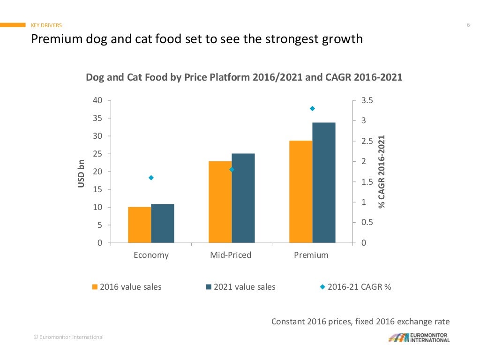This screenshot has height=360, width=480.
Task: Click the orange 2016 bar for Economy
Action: pos(139,225)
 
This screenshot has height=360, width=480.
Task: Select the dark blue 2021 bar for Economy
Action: pos(163,223)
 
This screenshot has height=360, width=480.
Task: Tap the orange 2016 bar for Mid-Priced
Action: pos(220,202)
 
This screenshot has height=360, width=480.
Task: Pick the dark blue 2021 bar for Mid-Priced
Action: pos(243,198)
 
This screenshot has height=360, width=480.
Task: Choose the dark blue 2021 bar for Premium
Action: pos(324,182)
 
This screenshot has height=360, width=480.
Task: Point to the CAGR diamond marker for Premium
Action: pos(312,108)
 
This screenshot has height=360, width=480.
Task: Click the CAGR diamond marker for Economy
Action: pos(151,178)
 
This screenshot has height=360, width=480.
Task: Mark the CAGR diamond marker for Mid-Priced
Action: pos(232,170)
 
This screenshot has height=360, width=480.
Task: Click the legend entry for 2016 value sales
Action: pos(127,287)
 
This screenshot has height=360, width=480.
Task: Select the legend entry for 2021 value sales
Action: pos(240,287)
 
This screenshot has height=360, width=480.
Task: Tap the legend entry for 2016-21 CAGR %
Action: pos(355,287)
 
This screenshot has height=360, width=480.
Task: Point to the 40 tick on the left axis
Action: pos(97,100)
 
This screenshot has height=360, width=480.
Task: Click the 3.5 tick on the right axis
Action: pos(367,100)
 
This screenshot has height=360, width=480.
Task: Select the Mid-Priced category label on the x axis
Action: pos(231,255)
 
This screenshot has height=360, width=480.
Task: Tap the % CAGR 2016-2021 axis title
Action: pos(382,172)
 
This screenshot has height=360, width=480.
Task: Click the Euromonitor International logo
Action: pos(419,337)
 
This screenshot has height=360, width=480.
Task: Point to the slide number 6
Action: pos(468,25)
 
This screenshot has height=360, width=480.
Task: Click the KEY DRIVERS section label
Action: pos(46,25)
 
